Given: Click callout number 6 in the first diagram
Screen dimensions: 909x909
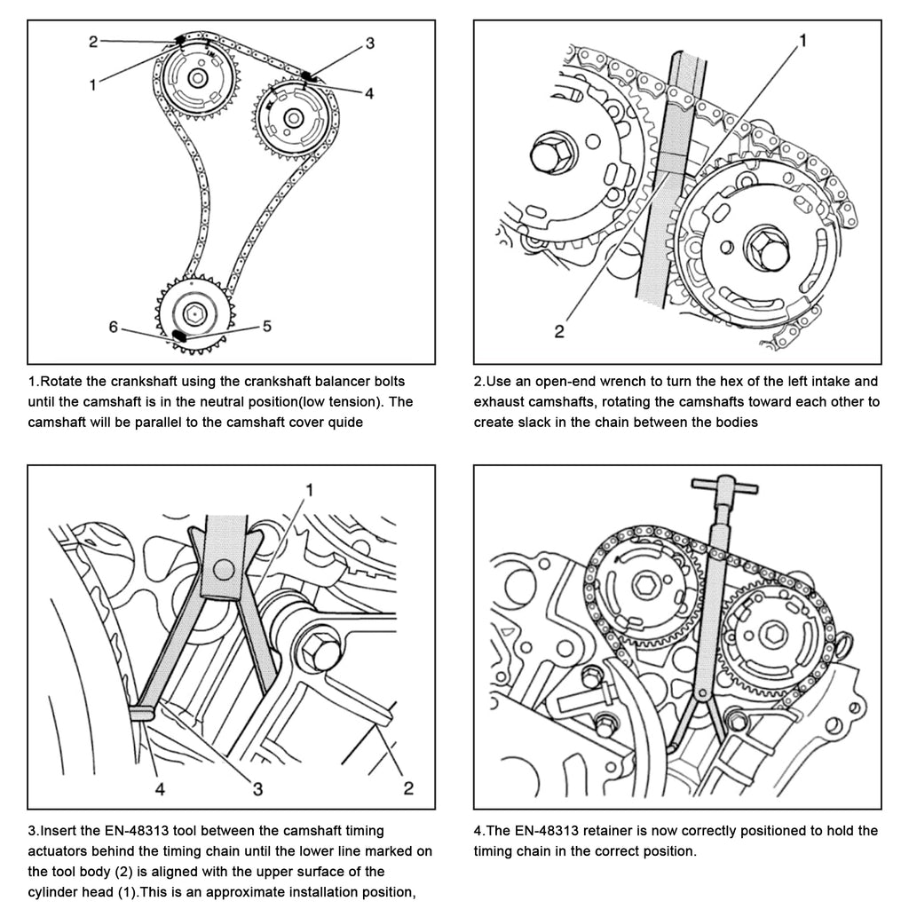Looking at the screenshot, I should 113,327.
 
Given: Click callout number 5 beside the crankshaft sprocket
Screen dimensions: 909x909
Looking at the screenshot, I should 267,326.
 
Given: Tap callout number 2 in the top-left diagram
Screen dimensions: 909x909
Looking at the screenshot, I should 92,40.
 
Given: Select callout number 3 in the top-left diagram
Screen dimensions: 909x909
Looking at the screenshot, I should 369,42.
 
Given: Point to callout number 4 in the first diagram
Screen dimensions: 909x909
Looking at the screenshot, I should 369,91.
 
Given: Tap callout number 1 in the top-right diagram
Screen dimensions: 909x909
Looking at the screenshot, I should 802,40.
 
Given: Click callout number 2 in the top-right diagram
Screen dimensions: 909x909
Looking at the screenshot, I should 558,332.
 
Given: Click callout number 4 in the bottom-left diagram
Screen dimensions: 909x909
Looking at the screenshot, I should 160,786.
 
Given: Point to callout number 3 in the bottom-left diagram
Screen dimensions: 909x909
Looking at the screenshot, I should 257,786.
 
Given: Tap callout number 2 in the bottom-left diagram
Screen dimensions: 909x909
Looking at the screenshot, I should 408,786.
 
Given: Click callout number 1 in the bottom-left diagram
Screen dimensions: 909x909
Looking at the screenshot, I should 310,489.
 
